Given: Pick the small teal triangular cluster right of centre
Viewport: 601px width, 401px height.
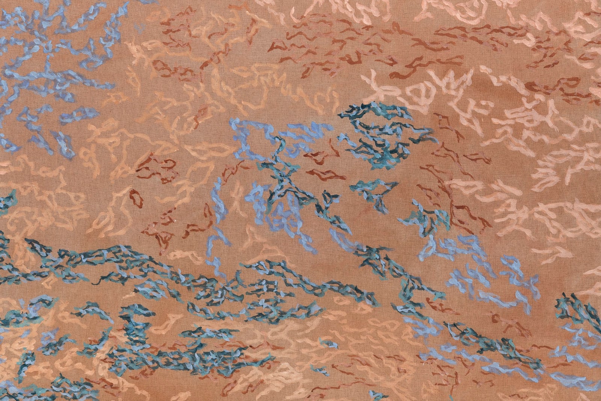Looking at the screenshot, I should (x=376, y=192).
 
